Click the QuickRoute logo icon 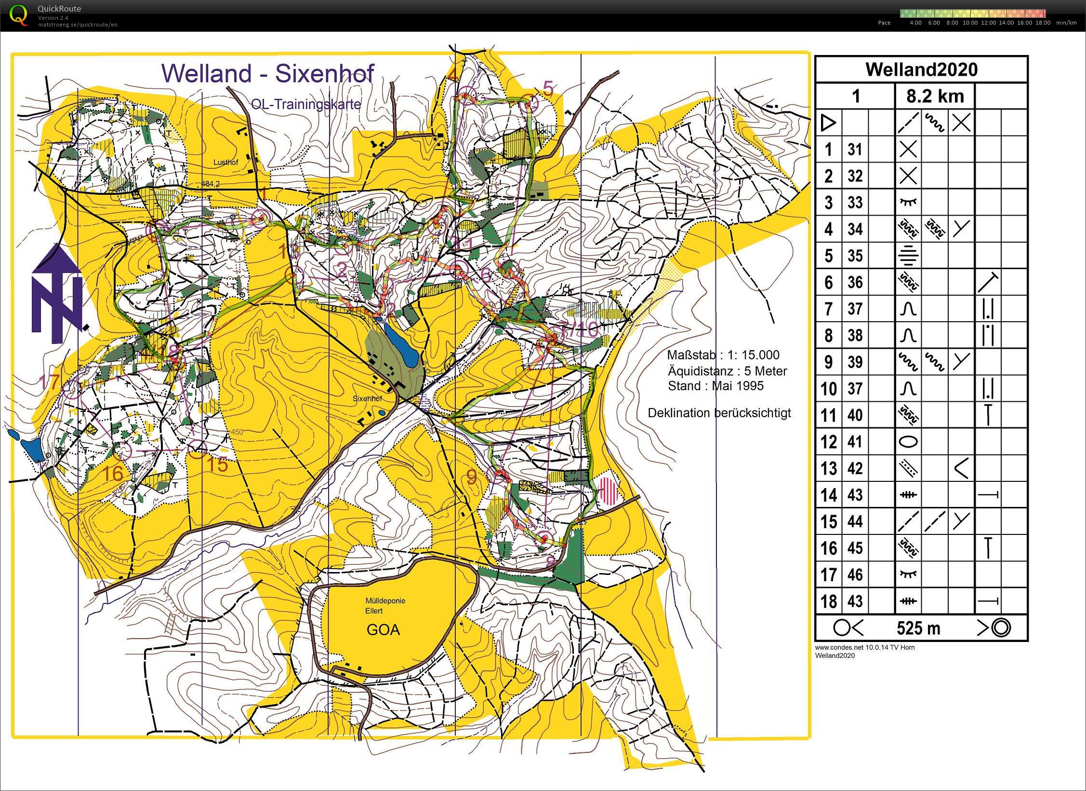(18, 14)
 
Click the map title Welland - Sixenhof (267, 73)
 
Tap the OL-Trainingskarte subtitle (305, 104)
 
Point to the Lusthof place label (225, 163)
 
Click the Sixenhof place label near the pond (367, 399)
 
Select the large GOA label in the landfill (383, 630)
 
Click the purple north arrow (57, 294)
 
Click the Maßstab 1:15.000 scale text (723, 355)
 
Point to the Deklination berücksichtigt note (719, 413)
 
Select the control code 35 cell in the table (855, 256)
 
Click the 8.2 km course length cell (935, 96)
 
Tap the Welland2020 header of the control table (921, 69)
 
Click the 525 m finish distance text (918, 628)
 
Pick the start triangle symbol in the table (828, 123)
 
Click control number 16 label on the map (114, 473)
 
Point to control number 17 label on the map (49, 382)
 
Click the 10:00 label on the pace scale (970, 23)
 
